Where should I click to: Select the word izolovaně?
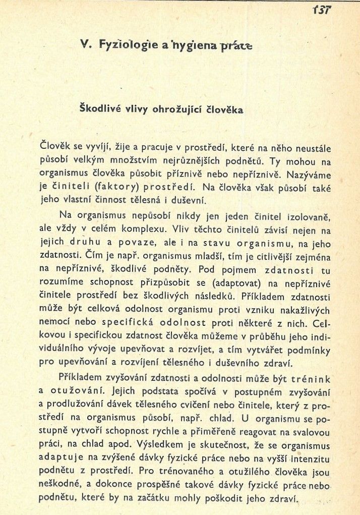[308, 217]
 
